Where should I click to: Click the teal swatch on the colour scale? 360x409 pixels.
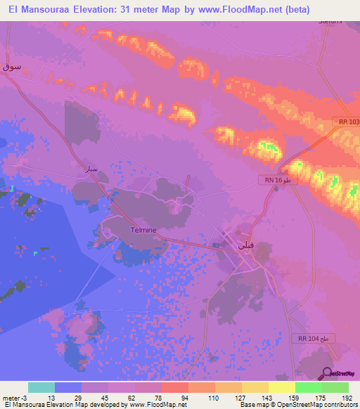click(x=41, y=387)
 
